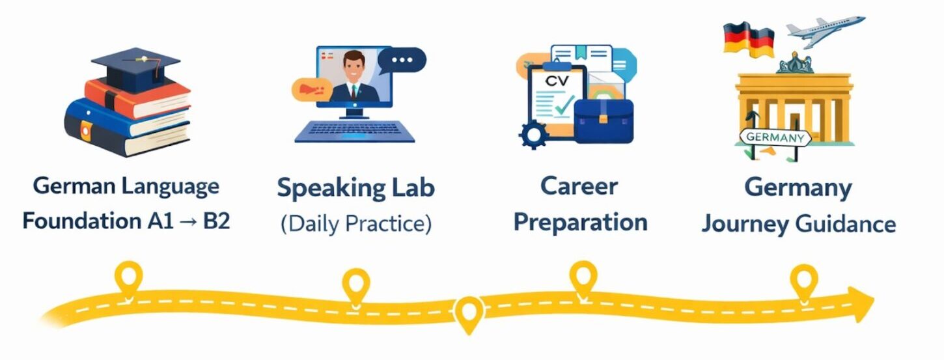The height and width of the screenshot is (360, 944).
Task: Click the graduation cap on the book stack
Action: point(135,68)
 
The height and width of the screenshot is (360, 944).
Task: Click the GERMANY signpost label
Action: point(775,137)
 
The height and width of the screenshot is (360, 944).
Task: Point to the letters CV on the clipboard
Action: point(557,81)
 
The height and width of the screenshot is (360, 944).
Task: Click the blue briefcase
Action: point(604,120)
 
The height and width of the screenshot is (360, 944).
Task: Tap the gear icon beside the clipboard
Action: point(534,135)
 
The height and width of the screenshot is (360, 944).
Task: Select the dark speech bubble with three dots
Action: point(402,61)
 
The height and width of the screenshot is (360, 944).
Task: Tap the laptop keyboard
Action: point(354,132)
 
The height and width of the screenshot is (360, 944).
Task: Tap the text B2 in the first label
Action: point(217,221)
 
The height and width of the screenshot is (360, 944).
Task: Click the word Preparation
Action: point(581,222)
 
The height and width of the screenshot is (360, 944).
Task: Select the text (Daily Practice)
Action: point(356,223)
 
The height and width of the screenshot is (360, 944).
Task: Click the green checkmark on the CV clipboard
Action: point(564,105)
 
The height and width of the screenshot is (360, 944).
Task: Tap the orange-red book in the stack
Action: point(137,98)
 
